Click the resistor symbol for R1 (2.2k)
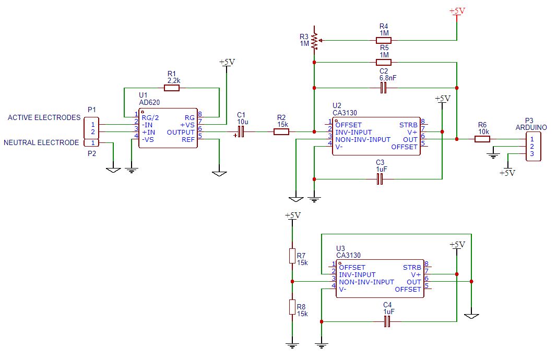(x=172, y=88)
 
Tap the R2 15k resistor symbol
(x=281, y=132)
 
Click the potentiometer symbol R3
(x=314, y=40)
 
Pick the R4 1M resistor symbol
(x=384, y=40)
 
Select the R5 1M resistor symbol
(x=384, y=62)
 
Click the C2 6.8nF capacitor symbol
(x=384, y=88)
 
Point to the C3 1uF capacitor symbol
(x=380, y=179)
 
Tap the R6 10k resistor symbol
(x=482, y=139)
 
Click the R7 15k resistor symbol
(x=292, y=256)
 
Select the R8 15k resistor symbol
(x=292, y=307)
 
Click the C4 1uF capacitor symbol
(x=387, y=322)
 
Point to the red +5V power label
(x=457, y=10)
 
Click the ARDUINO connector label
(x=531, y=127)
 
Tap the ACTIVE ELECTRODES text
(x=44, y=118)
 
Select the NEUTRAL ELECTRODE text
(x=41, y=142)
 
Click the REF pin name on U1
(x=188, y=140)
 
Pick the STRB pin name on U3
(x=412, y=267)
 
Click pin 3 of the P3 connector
(x=532, y=154)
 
